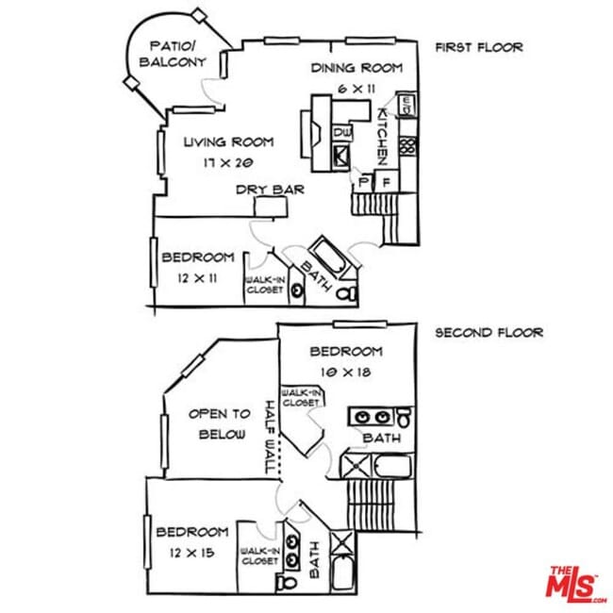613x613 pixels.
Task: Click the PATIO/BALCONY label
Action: point(173,54)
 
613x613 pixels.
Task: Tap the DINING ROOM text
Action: point(356,68)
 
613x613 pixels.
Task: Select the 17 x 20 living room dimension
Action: point(228,162)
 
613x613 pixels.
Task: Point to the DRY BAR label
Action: point(270,190)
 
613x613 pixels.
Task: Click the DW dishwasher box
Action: point(342,133)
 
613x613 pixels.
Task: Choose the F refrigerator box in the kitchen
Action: point(387,182)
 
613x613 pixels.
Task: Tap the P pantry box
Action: point(364,182)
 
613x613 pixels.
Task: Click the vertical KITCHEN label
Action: point(383,137)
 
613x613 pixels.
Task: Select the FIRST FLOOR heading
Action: point(479,47)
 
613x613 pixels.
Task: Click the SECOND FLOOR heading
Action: point(489,333)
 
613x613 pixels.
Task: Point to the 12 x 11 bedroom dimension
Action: point(197,278)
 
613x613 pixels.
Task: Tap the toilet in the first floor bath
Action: point(346,293)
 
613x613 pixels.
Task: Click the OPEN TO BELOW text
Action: point(219,424)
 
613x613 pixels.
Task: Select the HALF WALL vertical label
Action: point(270,437)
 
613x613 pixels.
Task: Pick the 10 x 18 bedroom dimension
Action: point(346,373)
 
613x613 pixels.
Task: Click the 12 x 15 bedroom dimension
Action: point(192,553)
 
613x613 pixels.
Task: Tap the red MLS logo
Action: point(574,585)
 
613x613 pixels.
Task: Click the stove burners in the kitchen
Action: point(408,146)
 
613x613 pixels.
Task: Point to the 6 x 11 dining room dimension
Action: point(356,90)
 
